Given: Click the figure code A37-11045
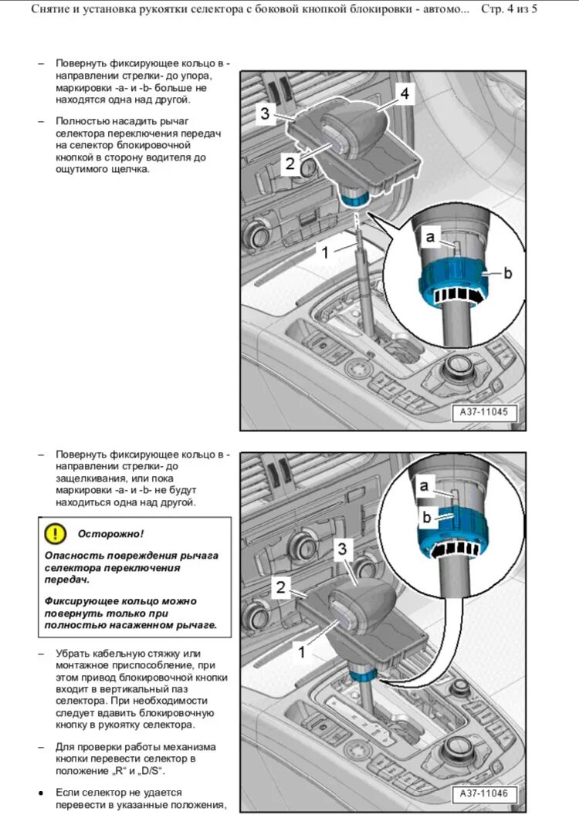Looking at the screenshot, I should pyautogui.click(x=483, y=413).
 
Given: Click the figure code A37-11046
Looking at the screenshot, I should pyautogui.click(x=483, y=793).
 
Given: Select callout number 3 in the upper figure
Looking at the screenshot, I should pyautogui.click(x=265, y=114).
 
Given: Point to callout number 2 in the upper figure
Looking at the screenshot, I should pyautogui.click(x=289, y=163).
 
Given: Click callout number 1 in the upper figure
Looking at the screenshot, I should pyautogui.click(x=325, y=252).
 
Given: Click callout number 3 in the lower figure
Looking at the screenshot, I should pyautogui.click(x=344, y=549).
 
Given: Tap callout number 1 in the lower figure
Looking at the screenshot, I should pyautogui.click(x=302, y=653).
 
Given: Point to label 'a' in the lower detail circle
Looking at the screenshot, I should pyautogui.click(x=424, y=485).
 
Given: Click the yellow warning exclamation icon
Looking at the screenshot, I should pyautogui.click(x=56, y=532).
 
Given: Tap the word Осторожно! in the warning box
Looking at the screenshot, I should pyautogui.click(x=110, y=533).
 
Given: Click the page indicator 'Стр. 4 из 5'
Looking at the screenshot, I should pyautogui.click(x=509, y=10).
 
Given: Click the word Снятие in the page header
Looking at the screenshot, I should pyautogui.click(x=52, y=10).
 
